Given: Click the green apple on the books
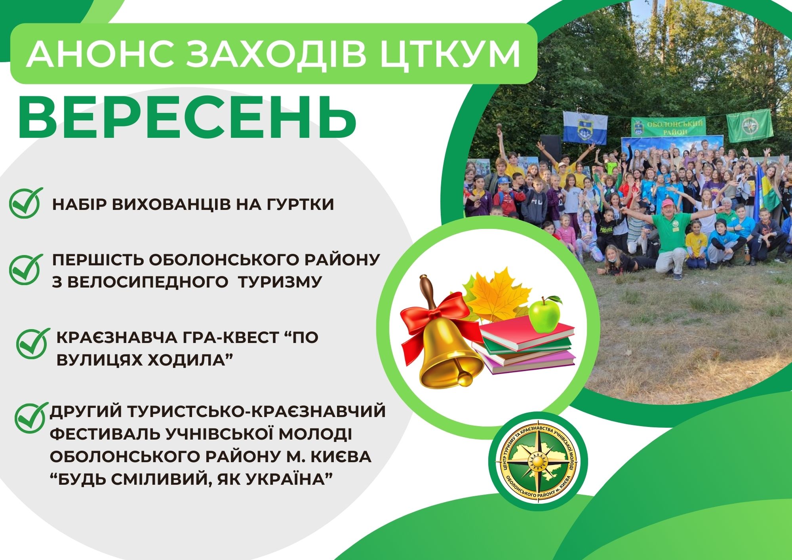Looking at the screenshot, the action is pyautogui.click(x=546, y=314).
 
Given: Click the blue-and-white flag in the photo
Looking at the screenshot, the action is pyautogui.click(x=585, y=127).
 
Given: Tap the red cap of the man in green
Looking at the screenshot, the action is pyautogui.click(x=668, y=204).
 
